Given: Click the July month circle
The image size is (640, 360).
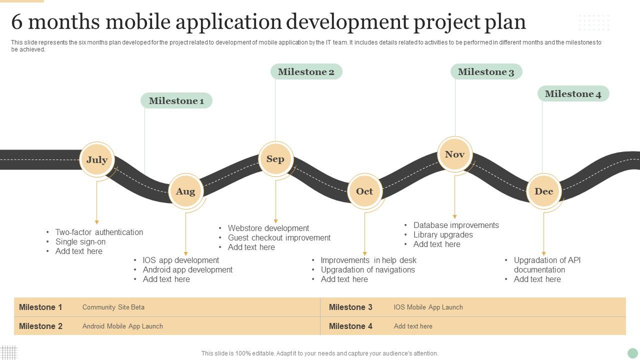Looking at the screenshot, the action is pos(97,159).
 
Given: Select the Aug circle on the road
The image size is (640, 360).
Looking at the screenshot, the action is pos(185,191).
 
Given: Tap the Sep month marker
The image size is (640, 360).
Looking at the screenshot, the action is pos(275,159).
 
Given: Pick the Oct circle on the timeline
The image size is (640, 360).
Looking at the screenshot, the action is pos(365,191).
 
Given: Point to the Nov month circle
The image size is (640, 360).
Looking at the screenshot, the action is pos(455,154).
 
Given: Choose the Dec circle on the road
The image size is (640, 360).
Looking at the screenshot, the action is pos(543,191).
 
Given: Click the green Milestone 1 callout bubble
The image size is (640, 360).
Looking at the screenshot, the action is pos(176,100).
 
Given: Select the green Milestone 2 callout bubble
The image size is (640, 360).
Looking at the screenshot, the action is pos(306,71).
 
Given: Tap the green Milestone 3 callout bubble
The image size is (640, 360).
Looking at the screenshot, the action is pos(486,71).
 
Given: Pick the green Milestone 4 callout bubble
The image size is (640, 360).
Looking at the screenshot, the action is pos(573,93).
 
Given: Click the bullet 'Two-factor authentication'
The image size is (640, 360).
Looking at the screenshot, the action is pos(99,232).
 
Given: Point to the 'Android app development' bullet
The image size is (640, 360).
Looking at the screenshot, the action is pos(187,269).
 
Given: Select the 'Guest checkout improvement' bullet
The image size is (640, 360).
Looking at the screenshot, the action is pos(279,237).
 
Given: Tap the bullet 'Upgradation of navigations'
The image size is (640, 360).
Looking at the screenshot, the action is pos(367,269).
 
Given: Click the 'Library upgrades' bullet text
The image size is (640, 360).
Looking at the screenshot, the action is pos(443,235).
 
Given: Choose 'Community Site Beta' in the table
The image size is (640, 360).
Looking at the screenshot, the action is pos(113,307).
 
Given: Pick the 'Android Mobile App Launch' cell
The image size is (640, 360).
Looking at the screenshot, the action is pos(122,326).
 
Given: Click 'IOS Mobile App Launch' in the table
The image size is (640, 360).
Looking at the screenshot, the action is pos(428,307).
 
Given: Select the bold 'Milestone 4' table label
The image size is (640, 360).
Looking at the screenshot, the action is pos(350,326).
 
